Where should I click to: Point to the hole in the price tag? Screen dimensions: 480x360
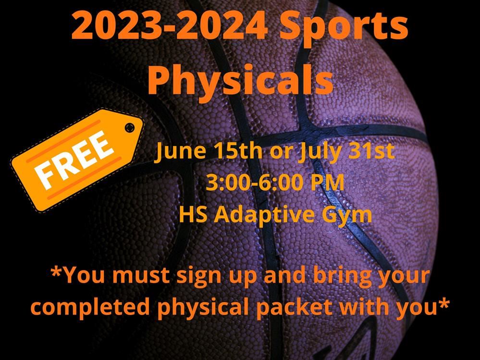pos(130,127)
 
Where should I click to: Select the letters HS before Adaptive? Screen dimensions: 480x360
pos(193,214)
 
